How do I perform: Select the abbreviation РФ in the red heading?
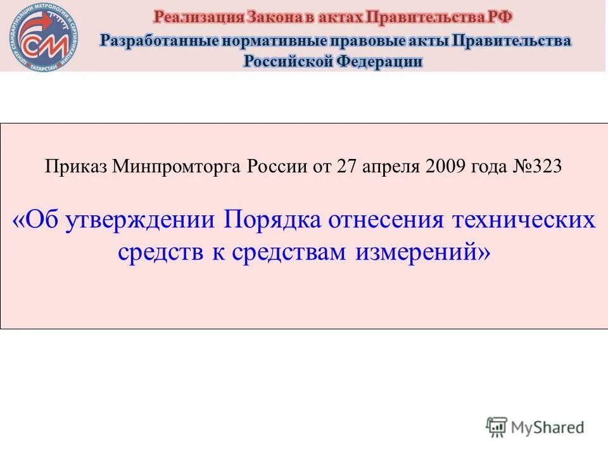tap(500, 16)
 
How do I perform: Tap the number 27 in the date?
tap(346, 167)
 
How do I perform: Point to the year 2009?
tap(446, 167)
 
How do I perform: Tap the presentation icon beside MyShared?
tap(497, 427)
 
